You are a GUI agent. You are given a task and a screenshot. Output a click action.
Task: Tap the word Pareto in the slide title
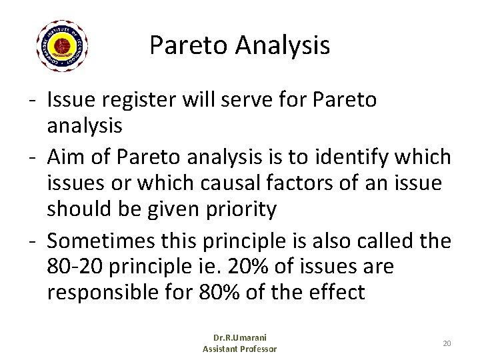pyautogui.click(x=182, y=45)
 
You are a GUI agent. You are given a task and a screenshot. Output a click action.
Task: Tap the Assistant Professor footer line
pyautogui.click(x=239, y=349)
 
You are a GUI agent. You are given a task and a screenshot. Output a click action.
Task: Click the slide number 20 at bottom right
pyautogui.click(x=447, y=343)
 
